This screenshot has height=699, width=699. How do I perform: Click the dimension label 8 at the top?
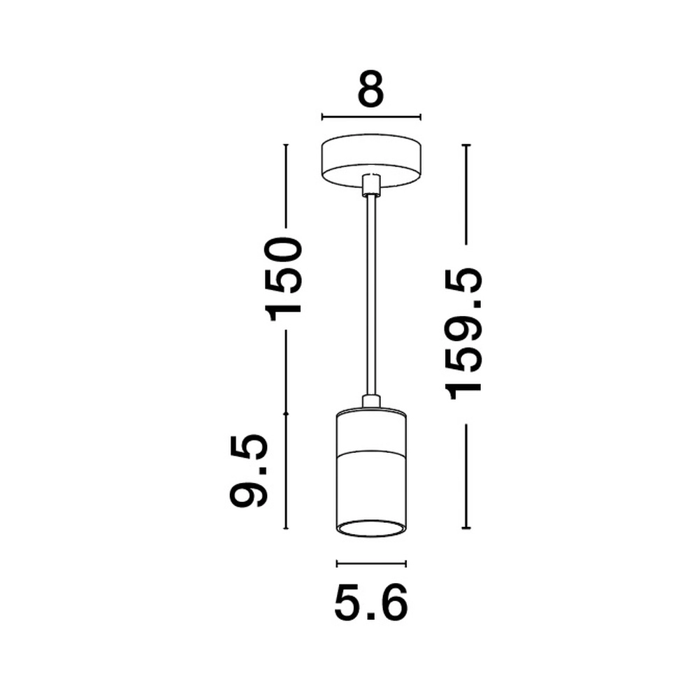[370, 87]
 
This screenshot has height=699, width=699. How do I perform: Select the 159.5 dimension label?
[466, 333]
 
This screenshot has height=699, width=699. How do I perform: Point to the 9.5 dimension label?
[250, 470]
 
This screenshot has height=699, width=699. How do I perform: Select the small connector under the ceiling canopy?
[371, 184]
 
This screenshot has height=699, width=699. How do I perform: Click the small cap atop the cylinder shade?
[371, 401]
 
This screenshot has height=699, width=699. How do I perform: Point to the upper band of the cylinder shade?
[371, 428]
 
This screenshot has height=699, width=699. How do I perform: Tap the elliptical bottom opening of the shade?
[371, 528]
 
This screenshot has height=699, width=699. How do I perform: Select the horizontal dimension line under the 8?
[370, 117]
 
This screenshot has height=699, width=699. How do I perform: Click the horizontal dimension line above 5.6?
[371, 563]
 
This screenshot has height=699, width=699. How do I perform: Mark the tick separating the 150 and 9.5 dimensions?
[285, 414]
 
